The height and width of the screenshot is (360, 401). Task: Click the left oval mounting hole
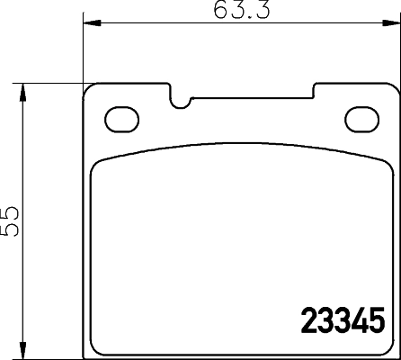118,117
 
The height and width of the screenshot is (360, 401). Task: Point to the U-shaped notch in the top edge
182,98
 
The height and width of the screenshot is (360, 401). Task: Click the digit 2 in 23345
306,319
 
